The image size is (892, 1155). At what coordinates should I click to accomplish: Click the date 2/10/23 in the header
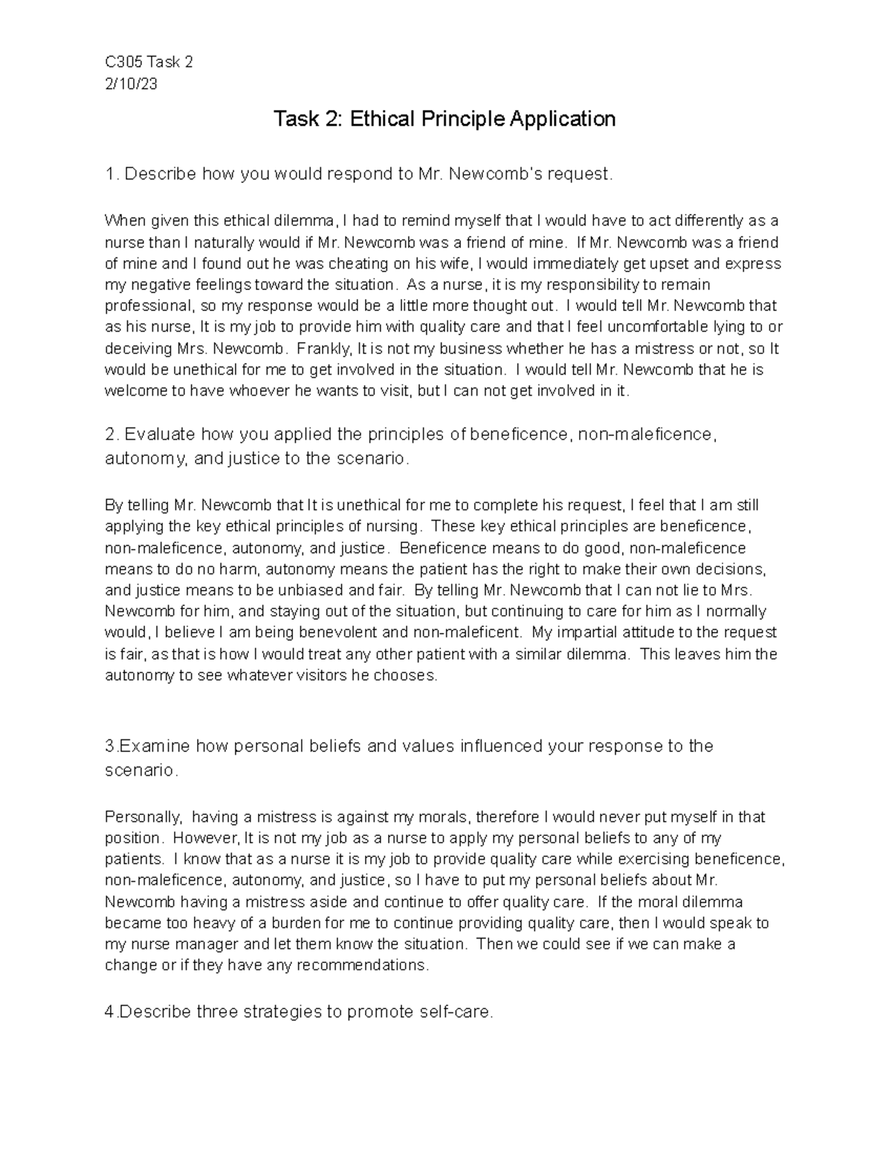click(x=131, y=84)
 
